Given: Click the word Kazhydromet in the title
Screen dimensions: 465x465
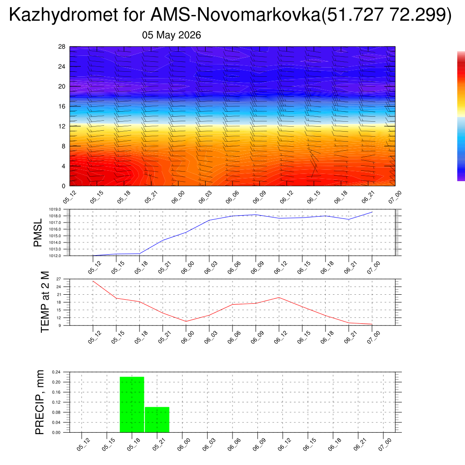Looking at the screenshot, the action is click(64, 15).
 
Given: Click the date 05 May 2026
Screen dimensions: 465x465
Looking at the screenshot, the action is click(171, 35).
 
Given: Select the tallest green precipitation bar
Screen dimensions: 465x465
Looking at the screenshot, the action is click(132, 405).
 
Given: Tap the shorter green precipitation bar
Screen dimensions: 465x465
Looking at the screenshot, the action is click(157, 420).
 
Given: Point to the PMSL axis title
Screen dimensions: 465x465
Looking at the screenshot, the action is click(38, 233).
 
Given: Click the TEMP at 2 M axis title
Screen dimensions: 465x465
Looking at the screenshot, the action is click(45, 302).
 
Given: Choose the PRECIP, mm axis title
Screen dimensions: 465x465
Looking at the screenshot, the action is click(40, 402).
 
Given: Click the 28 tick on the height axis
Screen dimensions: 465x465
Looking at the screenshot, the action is click(62, 47).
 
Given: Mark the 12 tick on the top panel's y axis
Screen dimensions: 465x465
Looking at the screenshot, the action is click(62, 126).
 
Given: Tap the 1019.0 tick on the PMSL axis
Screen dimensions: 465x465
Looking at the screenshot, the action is click(55, 209).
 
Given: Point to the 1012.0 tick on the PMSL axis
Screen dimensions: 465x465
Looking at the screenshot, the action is click(55, 256).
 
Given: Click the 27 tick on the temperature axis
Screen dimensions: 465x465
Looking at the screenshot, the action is click(59, 279).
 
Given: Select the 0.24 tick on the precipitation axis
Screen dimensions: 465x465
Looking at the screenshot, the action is click(56, 372).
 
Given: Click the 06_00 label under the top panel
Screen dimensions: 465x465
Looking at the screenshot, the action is click(178, 197).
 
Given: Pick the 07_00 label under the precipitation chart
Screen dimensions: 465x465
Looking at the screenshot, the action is click(385, 445).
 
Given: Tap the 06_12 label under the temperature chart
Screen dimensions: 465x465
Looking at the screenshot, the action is click(281, 337).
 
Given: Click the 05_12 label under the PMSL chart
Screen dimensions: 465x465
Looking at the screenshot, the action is click(94, 267).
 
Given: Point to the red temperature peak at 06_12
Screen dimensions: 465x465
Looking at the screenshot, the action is click(279, 297).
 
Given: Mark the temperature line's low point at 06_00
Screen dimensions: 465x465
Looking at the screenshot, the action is click(186, 322).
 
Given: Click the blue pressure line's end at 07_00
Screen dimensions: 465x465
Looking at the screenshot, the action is click(372, 212).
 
